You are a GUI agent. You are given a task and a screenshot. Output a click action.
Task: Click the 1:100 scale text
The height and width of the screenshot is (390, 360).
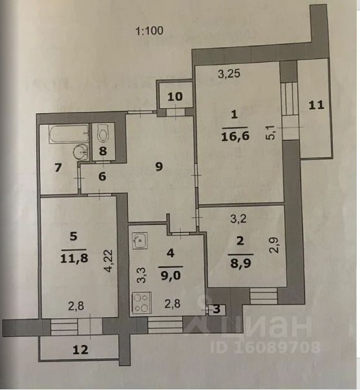click(x=149, y=31)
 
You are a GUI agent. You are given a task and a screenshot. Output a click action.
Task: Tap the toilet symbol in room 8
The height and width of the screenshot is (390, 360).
click(x=103, y=135)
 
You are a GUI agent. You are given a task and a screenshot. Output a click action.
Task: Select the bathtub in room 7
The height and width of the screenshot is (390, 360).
click(x=69, y=134)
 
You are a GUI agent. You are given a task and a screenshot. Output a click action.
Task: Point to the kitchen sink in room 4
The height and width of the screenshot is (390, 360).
click(x=140, y=241)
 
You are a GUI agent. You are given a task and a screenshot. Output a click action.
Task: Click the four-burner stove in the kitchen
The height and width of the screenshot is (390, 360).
click(x=142, y=303)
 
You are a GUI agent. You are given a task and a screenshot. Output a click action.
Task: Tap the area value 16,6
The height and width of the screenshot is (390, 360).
click(x=235, y=136)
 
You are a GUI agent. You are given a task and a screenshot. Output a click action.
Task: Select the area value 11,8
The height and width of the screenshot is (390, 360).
click(x=74, y=259)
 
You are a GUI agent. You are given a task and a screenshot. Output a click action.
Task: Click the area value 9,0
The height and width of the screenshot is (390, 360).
click(x=171, y=276)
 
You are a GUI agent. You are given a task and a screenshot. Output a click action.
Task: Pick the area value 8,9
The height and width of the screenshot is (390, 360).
click(x=240, y=263)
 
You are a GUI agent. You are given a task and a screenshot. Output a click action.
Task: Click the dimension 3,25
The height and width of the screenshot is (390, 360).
click(x=229, y=74)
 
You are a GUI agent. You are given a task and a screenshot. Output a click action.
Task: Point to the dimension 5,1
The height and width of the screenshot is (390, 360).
click(x=271, y=133)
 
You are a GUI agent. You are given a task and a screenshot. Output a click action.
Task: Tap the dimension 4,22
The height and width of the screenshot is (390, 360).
click(x=109, y=261)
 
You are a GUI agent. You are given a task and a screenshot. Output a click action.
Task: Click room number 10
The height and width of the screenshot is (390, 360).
click(x=175, y=96)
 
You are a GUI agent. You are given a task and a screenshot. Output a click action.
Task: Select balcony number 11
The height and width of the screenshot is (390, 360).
click(x=316, y=105)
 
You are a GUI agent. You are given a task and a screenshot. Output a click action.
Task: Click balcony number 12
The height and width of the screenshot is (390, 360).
click(x=80, y=350)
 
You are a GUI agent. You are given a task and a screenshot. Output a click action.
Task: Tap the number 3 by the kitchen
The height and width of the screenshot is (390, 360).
click(x=217, y=309)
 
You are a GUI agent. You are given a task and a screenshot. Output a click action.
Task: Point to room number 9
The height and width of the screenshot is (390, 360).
click(x=159, y=166)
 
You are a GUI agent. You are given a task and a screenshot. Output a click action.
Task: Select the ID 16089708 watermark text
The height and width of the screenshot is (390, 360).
click(x=265, y=347)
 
